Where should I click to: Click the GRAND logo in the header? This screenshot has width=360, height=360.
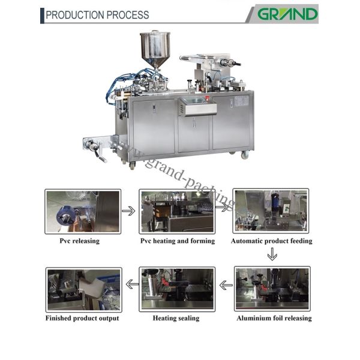287,14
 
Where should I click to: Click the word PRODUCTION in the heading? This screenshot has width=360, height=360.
75,15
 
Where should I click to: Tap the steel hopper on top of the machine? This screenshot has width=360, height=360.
155,49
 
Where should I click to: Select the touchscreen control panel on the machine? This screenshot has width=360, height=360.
197,106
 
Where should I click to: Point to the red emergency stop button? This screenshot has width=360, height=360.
208,98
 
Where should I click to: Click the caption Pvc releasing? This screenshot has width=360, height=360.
80,241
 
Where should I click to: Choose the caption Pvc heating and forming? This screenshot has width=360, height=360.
178,241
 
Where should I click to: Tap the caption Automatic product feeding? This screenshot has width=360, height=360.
272,241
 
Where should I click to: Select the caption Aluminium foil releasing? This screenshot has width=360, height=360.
274,318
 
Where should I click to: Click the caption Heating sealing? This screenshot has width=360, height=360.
176,318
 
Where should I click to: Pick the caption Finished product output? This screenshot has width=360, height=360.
82,318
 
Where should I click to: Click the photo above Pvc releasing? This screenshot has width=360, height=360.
83,211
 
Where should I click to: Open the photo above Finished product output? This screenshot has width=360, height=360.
84,290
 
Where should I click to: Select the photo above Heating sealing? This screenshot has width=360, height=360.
177,289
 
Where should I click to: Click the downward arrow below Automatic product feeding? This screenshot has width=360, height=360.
272,254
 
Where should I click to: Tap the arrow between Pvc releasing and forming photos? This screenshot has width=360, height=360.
128,211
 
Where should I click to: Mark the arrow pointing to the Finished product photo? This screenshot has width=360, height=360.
133,284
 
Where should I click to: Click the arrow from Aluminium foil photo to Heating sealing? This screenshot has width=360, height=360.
226,286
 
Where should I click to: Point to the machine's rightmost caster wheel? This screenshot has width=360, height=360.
245,155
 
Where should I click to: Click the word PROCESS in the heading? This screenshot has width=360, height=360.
128,15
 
